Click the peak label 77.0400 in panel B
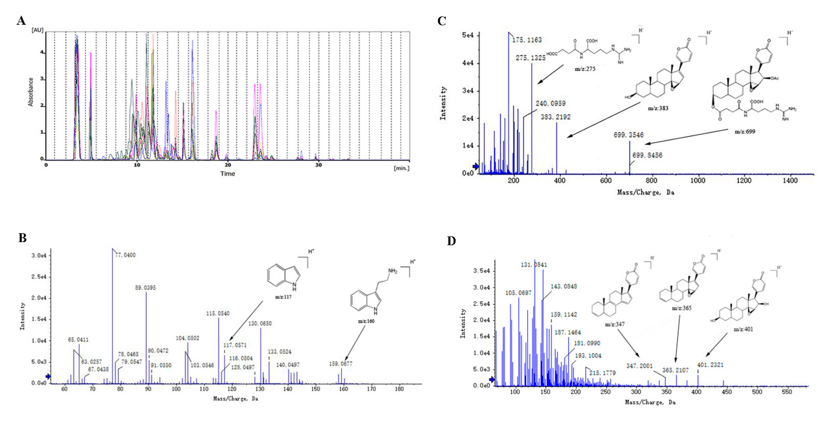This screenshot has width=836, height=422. [125, 255]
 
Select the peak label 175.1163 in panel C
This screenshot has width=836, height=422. [527, 40]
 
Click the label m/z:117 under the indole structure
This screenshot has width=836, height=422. [283, 297]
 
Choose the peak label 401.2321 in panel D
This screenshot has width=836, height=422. [710, 365]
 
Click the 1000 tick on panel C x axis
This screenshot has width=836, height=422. [697, 180]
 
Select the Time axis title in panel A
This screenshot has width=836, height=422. [227, 174]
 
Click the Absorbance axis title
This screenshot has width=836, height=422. [31, 92]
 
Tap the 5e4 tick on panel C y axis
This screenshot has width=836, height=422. [468, 35]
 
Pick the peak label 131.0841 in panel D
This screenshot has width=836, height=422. [534, 265]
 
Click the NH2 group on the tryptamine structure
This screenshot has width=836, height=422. [393, 271]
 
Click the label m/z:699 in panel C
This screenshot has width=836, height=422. [745, 132]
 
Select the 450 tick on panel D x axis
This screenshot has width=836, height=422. [727, 392]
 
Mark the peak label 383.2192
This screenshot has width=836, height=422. [555, 117]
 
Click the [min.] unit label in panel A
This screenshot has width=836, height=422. [402, 168]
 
